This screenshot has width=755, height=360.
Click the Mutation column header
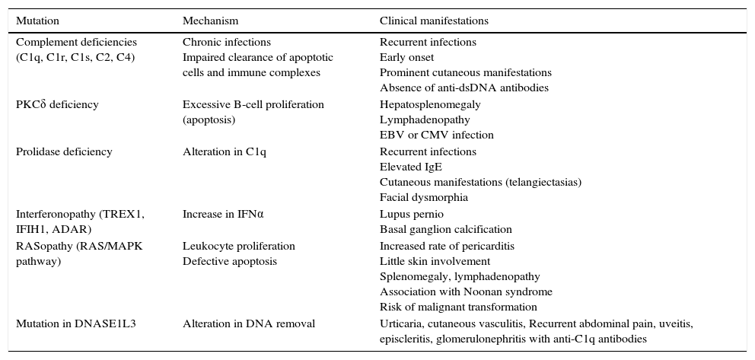(37, 21)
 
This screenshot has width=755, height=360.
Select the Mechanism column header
(210, 21)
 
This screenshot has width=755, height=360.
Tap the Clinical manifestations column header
(434, 21)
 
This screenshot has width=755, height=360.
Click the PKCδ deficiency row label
(57, 104)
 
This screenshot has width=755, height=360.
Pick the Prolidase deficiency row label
(64, 151)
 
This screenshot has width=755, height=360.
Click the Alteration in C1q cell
(225, 151)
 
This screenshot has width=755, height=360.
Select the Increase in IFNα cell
(223, 214)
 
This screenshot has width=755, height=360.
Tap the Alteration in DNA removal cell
(249, 323)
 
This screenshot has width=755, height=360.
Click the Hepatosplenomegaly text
(425, 104)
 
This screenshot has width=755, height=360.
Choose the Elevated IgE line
(411, 167)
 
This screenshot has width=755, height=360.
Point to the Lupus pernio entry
(412, 214)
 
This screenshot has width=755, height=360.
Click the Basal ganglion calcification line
(446, 229)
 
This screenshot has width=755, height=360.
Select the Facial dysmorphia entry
(424, 197)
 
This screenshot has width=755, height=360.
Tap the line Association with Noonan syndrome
(466, 292)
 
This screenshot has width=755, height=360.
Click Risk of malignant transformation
(458, 307)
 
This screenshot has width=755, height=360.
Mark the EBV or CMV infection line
(437, 135)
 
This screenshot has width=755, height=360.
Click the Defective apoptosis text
(230, 261)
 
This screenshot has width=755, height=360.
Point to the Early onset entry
(407, 57)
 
